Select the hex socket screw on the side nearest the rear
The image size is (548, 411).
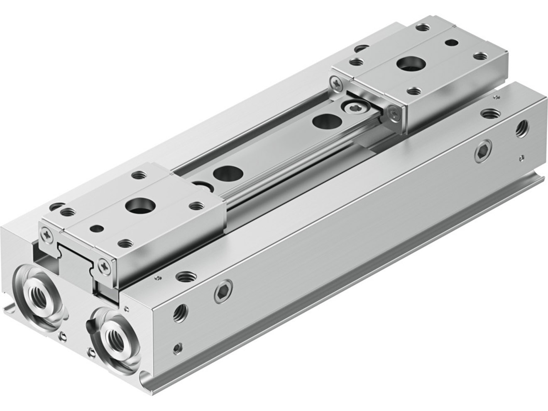point(483,152)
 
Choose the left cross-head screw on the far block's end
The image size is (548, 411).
point(337,83)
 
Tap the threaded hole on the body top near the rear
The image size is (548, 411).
point(487,113)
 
